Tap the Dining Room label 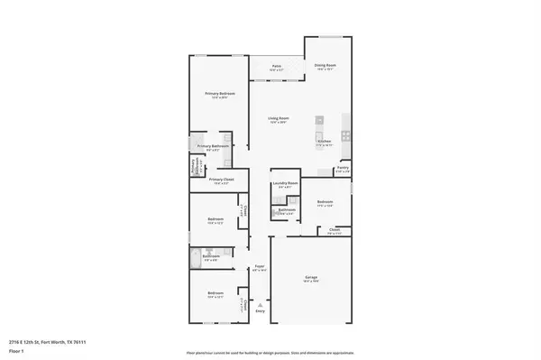pos(325,66)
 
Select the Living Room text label pos(278,118)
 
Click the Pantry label pos(343,168)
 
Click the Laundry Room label pos(286,183)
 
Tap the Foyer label pos(258,266)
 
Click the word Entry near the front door pos(261,311)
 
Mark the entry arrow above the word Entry pos(261,304)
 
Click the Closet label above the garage pos(334,231)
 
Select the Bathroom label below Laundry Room pos(288,210)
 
